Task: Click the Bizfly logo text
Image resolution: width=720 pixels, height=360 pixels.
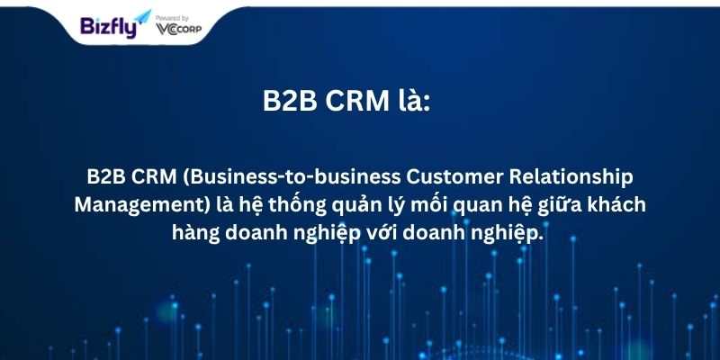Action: pos(108,27)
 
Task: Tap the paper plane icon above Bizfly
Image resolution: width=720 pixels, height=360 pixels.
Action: pos(143,17)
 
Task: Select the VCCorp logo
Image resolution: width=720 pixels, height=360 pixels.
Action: pos(178,29)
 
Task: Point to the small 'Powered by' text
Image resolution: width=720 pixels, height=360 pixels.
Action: pos(172,18)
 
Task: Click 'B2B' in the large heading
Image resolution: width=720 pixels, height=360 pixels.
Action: pos(290,101)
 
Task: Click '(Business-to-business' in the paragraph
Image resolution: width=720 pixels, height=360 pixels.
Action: pos(292,177)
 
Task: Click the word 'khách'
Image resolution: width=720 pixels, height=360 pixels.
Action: pos(618,205)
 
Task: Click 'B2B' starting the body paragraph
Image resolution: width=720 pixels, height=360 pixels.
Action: pos(106,177)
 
